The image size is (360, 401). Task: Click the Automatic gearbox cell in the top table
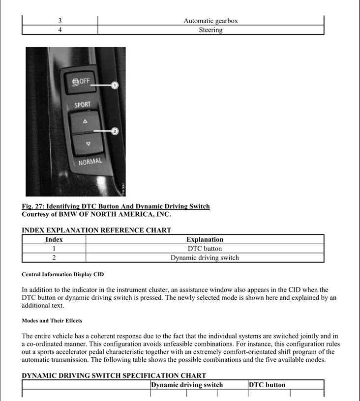(210, 21)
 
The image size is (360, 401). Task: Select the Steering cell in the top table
(210, 30)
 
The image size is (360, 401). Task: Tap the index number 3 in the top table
(60, 21)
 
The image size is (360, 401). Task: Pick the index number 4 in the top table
(60, 30)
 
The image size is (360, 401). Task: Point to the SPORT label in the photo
(82, 105)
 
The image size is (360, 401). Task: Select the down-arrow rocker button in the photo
(88, 143)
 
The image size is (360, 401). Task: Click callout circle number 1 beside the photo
(115, 85)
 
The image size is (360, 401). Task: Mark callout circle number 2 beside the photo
(115, 131)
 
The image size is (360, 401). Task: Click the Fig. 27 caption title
(116, 206)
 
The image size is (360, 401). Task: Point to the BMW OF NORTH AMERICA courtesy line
(96, 214)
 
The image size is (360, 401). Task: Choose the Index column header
(54, 239)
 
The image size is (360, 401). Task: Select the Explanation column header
(205, 239)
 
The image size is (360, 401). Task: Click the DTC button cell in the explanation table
(205, 249)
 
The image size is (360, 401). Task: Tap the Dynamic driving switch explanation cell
(205, 258)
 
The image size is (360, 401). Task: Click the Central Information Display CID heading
(63, 274)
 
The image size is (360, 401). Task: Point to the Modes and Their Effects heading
(52, 320)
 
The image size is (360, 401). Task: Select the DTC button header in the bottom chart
(267, 385)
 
